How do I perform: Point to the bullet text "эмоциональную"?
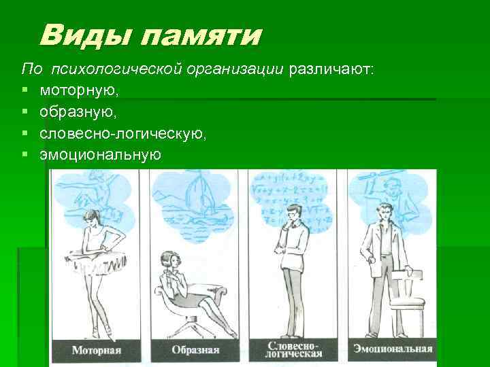[101, 155]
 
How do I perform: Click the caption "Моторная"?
[96, 351]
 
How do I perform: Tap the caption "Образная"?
[195, 351]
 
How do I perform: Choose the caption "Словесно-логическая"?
[295, 350]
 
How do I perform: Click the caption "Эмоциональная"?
[393, 350]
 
